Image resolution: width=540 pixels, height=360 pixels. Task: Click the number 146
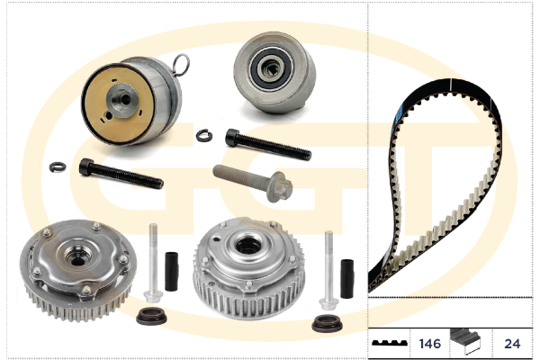click(430, 344)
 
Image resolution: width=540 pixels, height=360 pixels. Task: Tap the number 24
click(512, 344)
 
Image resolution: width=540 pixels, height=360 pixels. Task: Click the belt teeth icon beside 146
click(390, 343)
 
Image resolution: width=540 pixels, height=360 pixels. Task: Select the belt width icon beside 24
click(465, 341)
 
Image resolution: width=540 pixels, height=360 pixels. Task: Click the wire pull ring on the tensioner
click(182, 65)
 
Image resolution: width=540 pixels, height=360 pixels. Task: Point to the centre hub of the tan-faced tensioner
click(122, 100)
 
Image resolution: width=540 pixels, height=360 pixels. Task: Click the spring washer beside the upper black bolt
click(204, 135)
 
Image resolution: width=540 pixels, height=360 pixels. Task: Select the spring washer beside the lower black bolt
click(58, 167)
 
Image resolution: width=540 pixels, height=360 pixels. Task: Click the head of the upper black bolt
click(232, 137)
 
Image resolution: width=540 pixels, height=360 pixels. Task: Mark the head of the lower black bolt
click(85, 166)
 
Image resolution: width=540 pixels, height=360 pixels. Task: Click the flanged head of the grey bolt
click(279, 186)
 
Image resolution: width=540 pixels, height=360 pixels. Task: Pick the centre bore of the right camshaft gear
click(248, 246)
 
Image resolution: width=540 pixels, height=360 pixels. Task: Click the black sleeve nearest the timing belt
click(347, 279)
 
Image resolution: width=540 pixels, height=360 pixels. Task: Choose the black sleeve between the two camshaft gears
click(172, 272)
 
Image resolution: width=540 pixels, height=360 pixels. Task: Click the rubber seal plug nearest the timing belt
click(328, 323)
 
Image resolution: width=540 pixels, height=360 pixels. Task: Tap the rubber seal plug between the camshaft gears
click(151, 317)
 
